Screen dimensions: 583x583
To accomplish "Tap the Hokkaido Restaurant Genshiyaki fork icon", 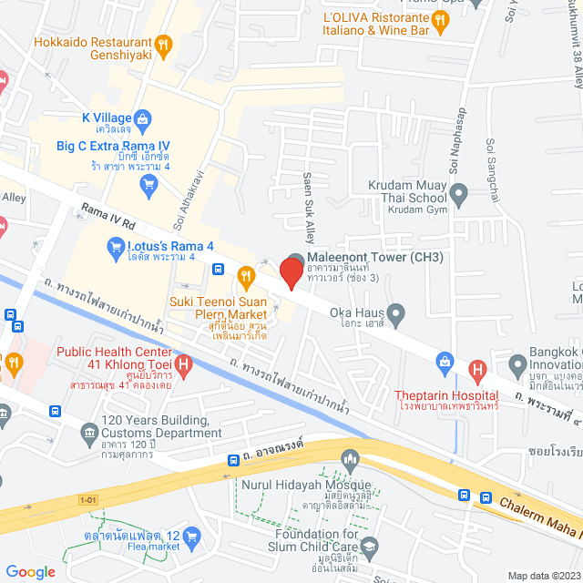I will [164, 43].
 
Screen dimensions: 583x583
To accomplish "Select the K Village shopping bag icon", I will [143, 118].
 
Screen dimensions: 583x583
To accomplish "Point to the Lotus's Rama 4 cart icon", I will [115, 244].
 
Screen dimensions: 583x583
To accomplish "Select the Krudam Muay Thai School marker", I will [459, 193].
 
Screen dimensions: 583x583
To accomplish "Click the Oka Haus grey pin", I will [394, 311].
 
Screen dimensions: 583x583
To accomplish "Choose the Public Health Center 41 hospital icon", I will [184, 366].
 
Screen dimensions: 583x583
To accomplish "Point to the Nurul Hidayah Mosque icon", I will [347, 456].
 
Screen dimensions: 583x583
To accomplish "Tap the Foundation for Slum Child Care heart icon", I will [369, 547].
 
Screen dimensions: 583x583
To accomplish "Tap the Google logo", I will [31, 571].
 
